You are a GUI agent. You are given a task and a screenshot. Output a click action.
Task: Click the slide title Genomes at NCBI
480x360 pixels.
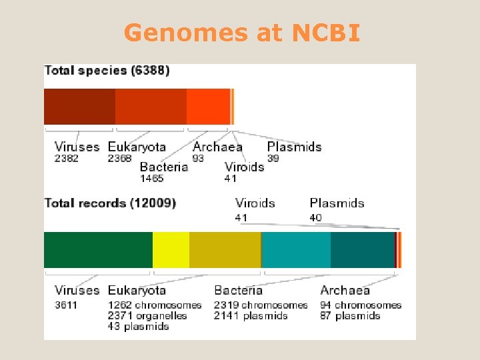tap(241, 32)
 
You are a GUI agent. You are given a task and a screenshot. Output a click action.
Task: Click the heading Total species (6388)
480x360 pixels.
tap(107, 70)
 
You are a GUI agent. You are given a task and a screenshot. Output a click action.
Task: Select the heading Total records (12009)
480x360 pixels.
tap(110, 203)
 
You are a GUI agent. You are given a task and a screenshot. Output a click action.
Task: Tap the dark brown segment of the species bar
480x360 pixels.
tap(79, 106)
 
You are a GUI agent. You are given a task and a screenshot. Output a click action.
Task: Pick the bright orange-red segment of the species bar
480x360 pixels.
tap(208, 106)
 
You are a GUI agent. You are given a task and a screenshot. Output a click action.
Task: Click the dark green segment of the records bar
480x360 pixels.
tap(98, 249)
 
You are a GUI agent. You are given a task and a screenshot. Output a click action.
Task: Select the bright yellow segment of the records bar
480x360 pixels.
tap(171, 249)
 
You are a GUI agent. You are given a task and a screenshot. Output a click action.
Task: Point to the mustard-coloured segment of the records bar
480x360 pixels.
tap(225, 249)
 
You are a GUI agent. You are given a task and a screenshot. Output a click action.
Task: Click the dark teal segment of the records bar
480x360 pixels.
tap(362, 249)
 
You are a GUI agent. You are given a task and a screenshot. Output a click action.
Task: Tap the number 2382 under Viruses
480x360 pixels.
tap(67, 159)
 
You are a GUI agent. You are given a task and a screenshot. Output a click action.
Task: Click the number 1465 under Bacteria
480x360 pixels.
tap(151, 179)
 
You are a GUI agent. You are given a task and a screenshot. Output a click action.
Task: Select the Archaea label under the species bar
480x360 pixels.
tap(218, 147)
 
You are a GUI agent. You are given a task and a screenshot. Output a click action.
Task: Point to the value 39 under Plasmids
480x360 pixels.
tap(273, 159)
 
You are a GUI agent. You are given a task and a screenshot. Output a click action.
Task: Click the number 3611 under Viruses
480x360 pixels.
tap(66, 305)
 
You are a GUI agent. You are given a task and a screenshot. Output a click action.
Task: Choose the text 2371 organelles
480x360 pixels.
tap(147, 316)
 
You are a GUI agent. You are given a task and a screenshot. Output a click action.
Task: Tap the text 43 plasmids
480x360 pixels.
tap(139, 327)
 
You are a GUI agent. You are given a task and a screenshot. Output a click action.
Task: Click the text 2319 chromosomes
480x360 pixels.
tap(261, 305)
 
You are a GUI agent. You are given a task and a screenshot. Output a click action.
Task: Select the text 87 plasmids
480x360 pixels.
tap(350, 316)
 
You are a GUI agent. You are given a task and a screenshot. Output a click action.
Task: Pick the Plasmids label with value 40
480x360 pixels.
tap(337, 203)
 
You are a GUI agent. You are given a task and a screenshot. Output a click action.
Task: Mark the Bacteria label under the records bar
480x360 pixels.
tap(239, 290)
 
